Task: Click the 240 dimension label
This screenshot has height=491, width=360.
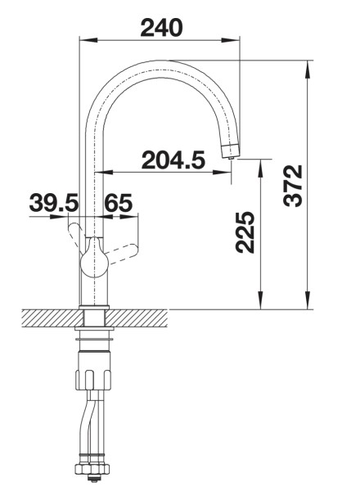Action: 161,28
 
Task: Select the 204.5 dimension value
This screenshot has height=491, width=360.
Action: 173,160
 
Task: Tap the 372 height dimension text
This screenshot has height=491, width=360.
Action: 293,186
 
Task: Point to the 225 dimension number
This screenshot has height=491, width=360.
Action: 245,232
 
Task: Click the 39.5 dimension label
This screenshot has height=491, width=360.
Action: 54,203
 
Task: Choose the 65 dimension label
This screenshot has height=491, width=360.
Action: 118,203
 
